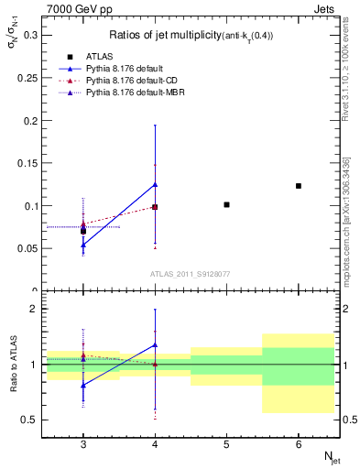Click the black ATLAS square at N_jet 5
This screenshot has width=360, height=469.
[227, 204]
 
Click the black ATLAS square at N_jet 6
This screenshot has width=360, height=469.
[299, 186]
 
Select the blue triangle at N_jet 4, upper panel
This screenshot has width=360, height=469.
[155, 184]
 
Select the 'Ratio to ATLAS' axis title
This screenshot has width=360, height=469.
[12, 365]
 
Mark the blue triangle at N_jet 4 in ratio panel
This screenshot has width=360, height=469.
[155, 345]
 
